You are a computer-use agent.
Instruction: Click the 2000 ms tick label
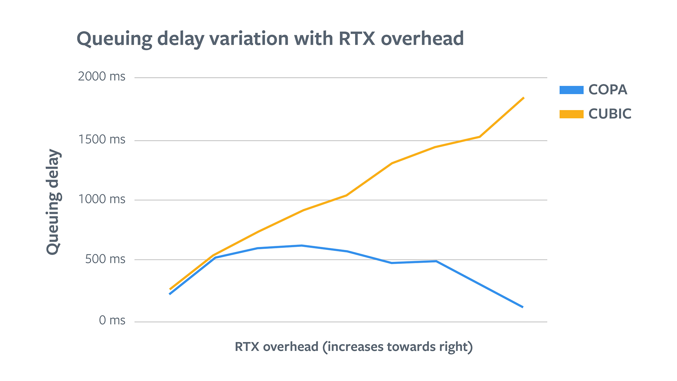pos(102,77)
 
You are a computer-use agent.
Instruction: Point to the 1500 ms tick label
pos(102,140)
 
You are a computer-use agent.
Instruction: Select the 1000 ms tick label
pos(102,199)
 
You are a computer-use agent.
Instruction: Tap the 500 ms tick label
pos(105,259)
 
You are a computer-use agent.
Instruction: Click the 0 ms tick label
pos(112,320)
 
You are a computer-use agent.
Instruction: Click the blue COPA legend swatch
pos(571,90)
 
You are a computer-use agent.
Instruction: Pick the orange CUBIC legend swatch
pos(571,114)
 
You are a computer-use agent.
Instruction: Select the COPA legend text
pos(608,90)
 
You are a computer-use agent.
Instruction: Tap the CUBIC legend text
pos(610,114)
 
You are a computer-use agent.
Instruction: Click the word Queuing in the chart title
pos(114,39)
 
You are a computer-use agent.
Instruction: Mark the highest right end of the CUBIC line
pos(524,98)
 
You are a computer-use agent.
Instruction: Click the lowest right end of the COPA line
pos(523,307)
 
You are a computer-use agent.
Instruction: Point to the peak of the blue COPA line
pos(301,246)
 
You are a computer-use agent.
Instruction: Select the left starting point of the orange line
pos(170,289)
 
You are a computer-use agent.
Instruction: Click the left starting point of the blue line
pos(170,294)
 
